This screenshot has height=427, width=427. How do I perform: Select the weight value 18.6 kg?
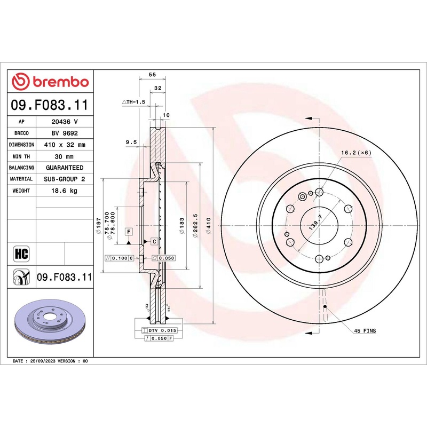(64, 191)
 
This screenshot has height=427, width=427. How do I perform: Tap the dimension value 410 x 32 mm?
(64, 145)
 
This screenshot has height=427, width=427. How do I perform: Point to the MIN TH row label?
(21, 156)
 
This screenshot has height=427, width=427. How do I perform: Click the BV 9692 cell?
(64, 133)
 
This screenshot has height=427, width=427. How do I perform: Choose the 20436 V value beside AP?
(64, 122)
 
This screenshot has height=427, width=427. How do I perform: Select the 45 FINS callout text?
(365, 331)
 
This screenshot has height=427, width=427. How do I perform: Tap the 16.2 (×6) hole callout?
(356, 153)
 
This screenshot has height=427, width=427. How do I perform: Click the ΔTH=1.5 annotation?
(133, 101)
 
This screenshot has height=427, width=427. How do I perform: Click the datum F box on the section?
(129, 232)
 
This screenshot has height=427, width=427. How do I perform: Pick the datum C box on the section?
(154, 241)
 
